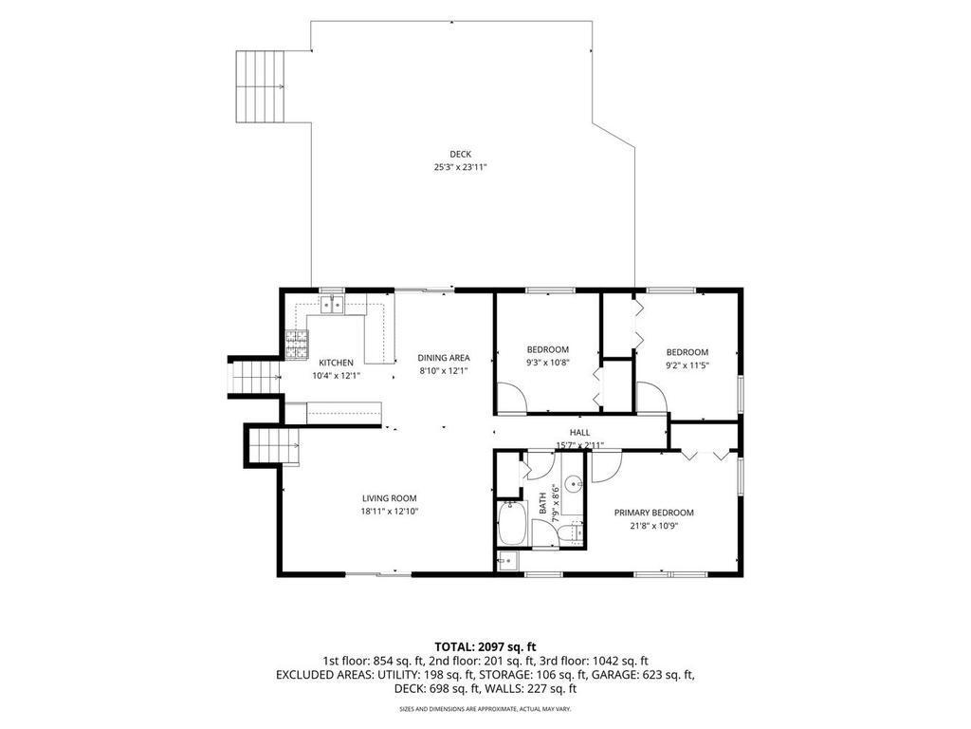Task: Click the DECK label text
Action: (x=460, y=154)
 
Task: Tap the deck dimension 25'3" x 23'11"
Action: (x=460, y=167)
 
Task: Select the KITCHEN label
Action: (x=336, y=363)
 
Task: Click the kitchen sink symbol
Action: (x=332, y=305)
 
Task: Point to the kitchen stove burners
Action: (x=297, y=345)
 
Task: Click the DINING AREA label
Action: (x=444, y=358)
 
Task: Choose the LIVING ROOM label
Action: (x=390, y=497)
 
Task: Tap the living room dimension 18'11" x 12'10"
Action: (x=390, y=512)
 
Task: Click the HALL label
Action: (x=579, y=432)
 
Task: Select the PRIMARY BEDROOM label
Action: (x=654, y=513)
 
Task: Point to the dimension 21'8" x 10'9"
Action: (x=654, y=526)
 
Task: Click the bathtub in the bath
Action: (x=512, y=524)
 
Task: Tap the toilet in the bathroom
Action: (x=576, y=533)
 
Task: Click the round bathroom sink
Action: (x=576, y=481)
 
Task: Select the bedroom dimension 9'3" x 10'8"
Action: (x=547, y=363)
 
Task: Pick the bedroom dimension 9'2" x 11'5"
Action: (x=687, y=365)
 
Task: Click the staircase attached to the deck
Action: (x=260, y=86)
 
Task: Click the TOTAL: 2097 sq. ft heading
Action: (x=485, y=647)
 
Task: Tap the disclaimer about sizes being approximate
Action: (x=485, y=708)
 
